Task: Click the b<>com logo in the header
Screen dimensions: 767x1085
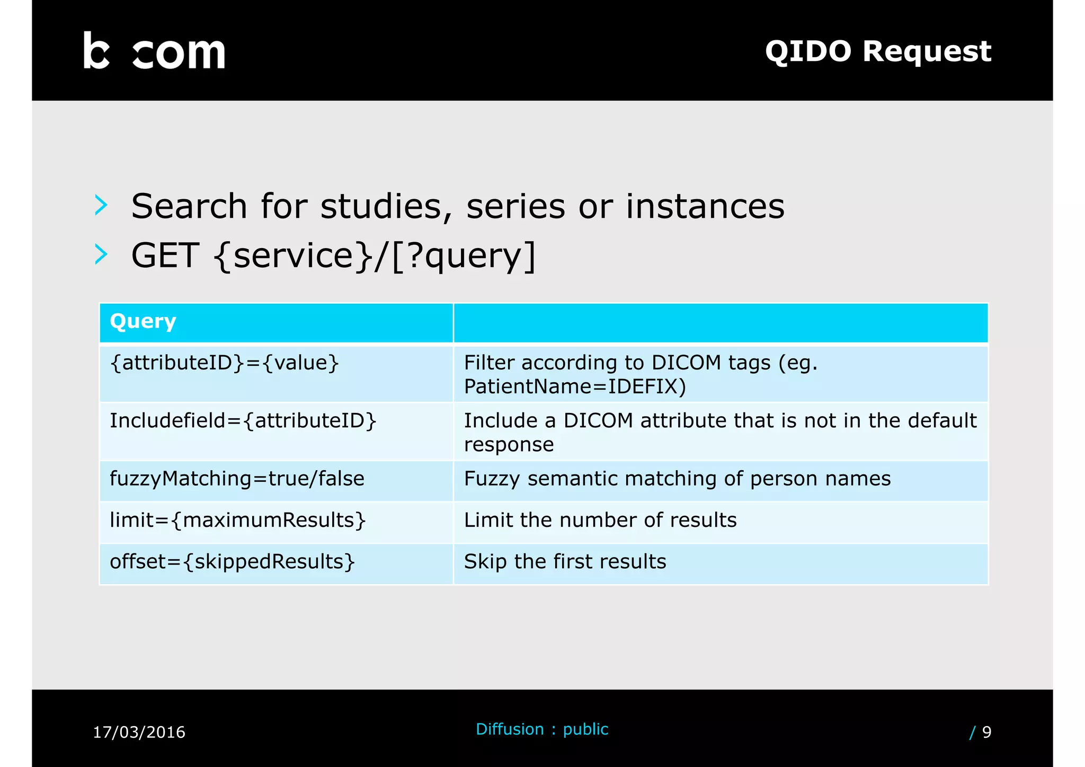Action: click(x=154, y=51)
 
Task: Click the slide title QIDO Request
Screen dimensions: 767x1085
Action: click(x=878, y=51)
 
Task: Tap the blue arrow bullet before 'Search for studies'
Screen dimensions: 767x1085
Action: click(x=101, y=205)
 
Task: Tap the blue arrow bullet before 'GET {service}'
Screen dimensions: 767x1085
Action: click(x=101, y=254)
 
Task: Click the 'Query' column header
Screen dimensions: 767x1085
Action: click(x=143, y=321)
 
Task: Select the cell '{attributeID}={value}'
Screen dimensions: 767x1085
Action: click(x=224, y=363)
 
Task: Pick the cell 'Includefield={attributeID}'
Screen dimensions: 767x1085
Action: click(x=243, y=421)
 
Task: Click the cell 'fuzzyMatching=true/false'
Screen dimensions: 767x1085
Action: click(x=237, y=479)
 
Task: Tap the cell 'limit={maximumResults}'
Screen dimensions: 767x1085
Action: click(x=237, y=520)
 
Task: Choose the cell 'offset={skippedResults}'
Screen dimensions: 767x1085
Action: click(x=232, y=561)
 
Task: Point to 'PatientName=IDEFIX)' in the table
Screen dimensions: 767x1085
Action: click(x=575, y=386)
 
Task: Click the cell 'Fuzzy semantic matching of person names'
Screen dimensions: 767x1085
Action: click(x=677, y=479)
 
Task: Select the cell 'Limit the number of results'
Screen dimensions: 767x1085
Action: click(x=600, y=520)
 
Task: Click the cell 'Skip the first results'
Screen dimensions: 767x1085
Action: click(x=565, y=561)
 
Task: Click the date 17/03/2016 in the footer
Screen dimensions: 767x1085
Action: click(x=139, y=732)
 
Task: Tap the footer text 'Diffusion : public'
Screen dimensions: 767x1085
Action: click(x=542, y=729)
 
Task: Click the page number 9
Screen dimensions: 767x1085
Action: click(x=986, y=732)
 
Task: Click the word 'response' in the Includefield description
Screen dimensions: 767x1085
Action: click(x=509, y=445)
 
